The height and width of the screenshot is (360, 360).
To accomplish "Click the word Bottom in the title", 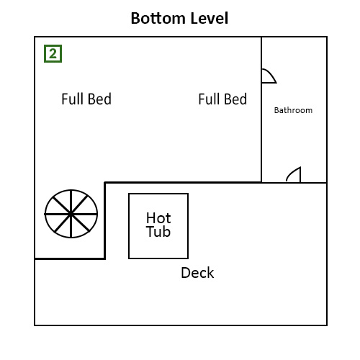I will coord(156,18).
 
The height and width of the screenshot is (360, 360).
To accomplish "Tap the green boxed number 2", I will coord(53,53).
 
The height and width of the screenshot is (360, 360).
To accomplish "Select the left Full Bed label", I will coord(86,99).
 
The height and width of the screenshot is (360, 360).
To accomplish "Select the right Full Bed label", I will coord(222,99).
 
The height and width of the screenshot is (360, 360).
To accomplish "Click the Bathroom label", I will coord(293,110).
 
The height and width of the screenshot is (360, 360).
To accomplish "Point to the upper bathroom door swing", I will coord(268,76).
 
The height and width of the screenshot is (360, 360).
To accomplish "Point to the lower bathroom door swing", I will coord(293,175).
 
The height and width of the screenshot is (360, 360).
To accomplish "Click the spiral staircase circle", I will coord(71,214).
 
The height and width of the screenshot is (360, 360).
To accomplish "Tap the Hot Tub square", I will coord(158,225).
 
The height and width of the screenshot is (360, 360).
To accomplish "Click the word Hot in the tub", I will coord(158,217).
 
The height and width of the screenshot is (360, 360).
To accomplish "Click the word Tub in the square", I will coord(158,232).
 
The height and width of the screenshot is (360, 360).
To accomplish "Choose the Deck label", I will coord(197,273).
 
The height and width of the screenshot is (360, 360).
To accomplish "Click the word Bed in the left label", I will coord(99,99).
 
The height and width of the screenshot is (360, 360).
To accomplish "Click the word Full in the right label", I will coord(210,99).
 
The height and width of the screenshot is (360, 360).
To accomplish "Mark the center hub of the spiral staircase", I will coord(71,214).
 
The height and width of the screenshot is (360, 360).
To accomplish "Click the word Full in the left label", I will coord(73,99).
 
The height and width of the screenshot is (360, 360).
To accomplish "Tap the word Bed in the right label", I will coord(236,99).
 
